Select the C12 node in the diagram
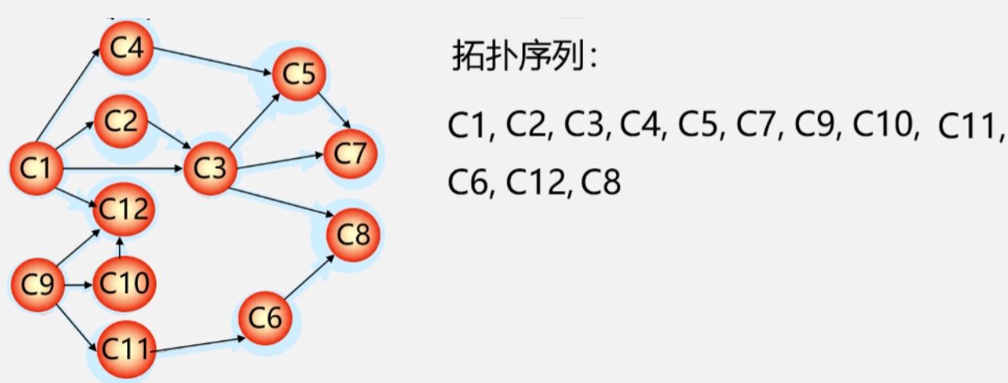(123, 211)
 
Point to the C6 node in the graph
(266, 318)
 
